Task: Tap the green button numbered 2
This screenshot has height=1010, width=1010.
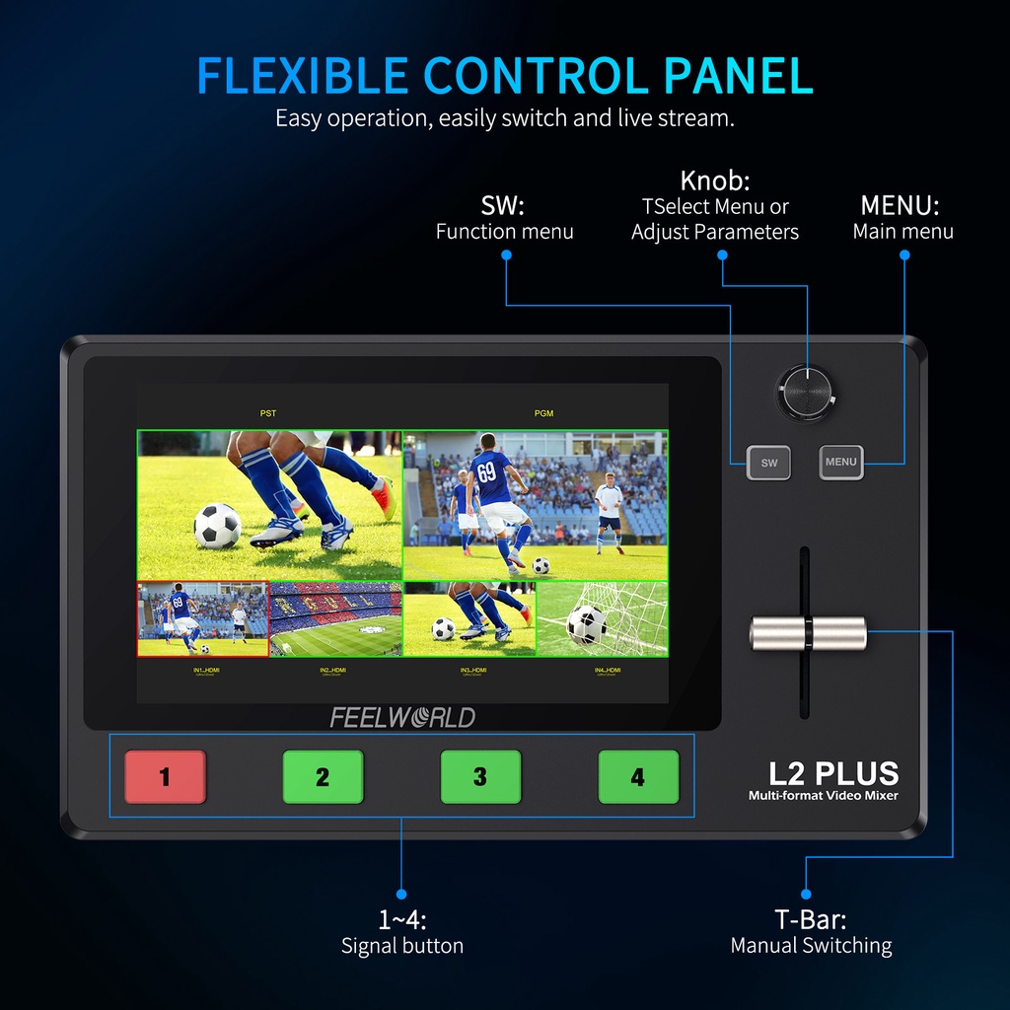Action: (x=323, y=776)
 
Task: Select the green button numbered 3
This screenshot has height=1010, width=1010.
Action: (x=480, y=776)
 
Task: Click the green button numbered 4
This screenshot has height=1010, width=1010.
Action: (x=638, y=776)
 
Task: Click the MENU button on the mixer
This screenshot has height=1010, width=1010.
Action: (x=841, y=462)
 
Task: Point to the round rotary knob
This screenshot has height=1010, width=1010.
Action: (x=805, y=392)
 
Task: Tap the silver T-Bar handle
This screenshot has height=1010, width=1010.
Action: (x=808, y=633)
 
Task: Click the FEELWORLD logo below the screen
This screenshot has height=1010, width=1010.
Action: (x=402, y=717)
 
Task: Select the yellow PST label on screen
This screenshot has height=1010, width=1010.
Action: (x=268, y=413)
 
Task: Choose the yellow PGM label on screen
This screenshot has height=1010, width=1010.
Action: (x=543, y=413)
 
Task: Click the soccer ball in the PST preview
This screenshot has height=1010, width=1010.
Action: (x=217, y=526)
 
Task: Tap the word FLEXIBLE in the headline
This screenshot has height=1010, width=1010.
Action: (x=302, y=77)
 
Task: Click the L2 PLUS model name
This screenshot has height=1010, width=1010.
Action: (x=833, y=772)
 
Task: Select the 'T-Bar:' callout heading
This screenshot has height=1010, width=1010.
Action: (x=810, y=919)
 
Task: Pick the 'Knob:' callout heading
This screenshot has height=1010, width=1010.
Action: (x=715, y=181)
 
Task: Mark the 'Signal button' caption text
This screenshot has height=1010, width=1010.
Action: (x=402, y=946)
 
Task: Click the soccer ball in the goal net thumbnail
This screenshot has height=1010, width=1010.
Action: (x=587, y=623)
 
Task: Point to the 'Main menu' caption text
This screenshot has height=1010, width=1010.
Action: (x=902, y=232)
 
